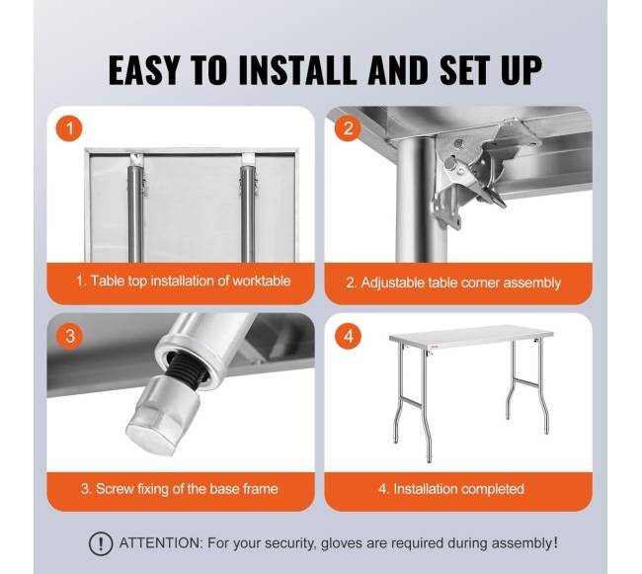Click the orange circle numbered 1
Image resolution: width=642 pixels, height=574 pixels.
coord(69,128)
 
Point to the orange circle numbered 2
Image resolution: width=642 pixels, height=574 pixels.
coord(348,128)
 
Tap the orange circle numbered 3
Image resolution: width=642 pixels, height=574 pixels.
coord(69,336)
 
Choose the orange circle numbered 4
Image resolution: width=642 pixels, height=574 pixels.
coord(348,336)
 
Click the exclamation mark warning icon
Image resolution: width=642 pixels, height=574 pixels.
coord(101,543)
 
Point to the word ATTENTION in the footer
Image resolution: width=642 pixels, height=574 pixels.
coord(160,543)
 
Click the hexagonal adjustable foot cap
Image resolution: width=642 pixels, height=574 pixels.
coord(163,414)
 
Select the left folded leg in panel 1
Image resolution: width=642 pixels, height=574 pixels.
coord(135,208)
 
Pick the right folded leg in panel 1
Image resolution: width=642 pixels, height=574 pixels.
coord(248,208)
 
